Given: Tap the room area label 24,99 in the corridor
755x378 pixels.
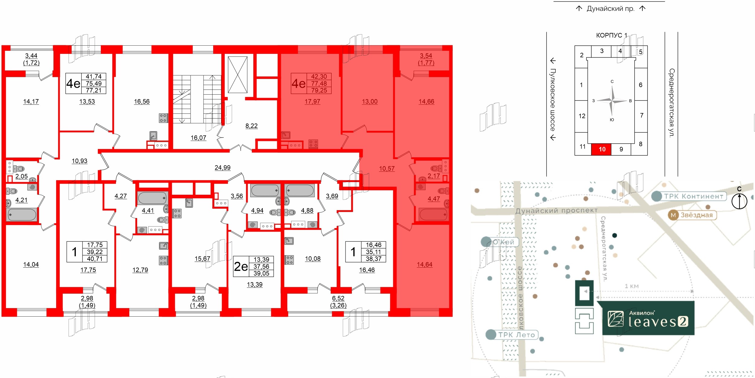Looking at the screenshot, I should (x=223, y=168).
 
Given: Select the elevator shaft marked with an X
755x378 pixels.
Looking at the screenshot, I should (x=238, y=75).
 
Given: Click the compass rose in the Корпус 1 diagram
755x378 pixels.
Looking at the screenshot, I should (x=612, y=101).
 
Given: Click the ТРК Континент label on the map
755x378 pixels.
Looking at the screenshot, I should (x=693, y=196).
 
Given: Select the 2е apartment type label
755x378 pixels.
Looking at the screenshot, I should (x=241, y=266).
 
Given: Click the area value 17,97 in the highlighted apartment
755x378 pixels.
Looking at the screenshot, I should (x=312, y=102).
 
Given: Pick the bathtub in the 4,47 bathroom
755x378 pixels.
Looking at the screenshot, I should (x=433, y=215).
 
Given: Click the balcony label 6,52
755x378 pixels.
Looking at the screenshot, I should (x=338, y=298).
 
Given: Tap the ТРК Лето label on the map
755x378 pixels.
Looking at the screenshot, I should (x=516, y=335).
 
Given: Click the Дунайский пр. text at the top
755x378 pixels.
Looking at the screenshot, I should (x=610, y=8).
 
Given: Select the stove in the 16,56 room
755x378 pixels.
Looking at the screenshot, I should (x=163, y=118).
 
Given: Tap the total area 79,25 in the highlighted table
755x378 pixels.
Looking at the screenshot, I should (x=319, y=90).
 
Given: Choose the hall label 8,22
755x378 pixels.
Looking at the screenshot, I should (x=251, y=126).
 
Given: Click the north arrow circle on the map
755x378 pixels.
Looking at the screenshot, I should (x=739, y=201).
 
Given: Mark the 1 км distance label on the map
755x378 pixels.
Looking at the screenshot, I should (x=631, y=286).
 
